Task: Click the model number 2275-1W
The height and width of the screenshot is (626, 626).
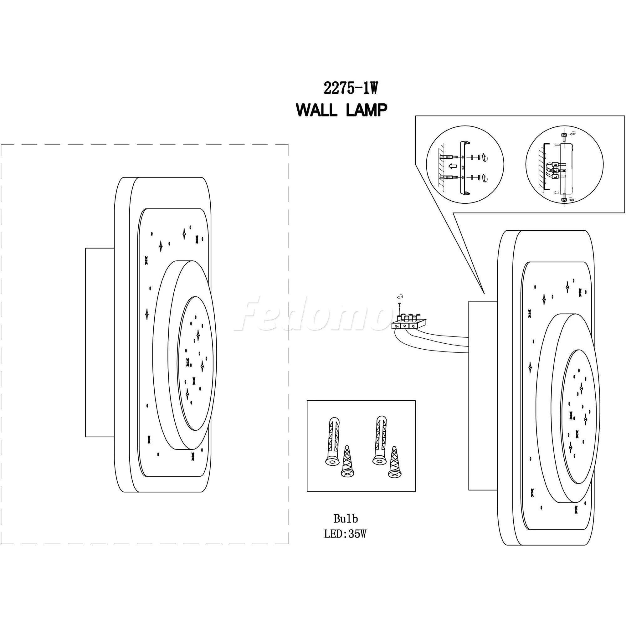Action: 351,88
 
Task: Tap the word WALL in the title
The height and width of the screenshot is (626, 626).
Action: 317,111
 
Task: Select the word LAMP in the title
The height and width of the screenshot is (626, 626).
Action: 367,111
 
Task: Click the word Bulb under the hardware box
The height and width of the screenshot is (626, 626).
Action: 346,519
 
